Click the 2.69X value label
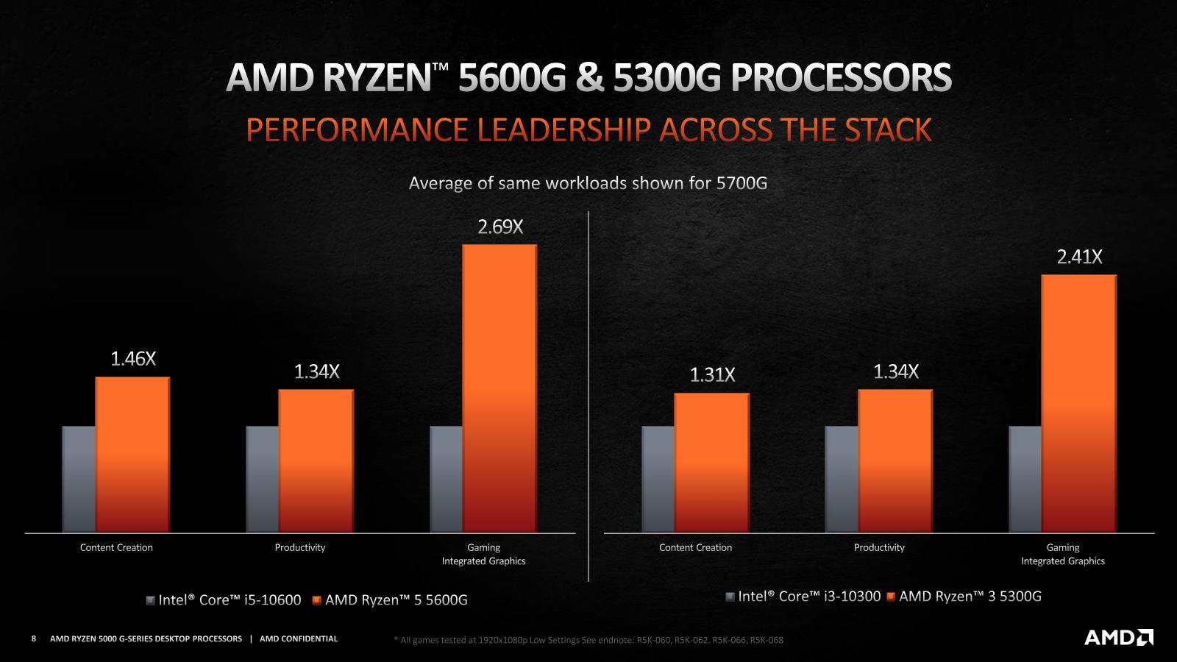(500, 227)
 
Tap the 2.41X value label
(1079, 257)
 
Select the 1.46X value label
(133, 359)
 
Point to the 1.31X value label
(712, 375)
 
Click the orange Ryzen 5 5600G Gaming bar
(499, 388)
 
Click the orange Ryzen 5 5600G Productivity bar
(316, 460)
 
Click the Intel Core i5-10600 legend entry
(224, 600)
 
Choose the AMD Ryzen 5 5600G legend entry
(390, 600)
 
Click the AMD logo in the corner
(1118, 637)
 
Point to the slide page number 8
(34, 638)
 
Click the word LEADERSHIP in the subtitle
(563, 130)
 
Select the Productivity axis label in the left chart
(300, 547)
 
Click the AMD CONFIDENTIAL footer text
(299, 638)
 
